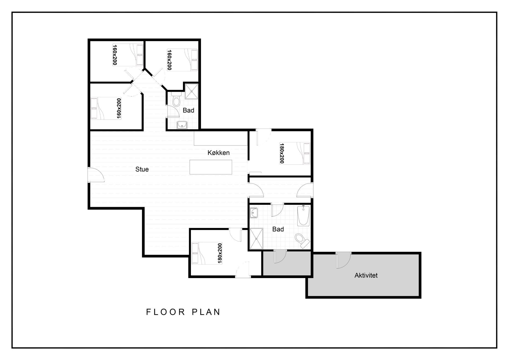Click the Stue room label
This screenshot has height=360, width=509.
[142, 169]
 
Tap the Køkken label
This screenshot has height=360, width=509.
[218, 153]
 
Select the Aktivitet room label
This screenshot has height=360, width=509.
[366, 275]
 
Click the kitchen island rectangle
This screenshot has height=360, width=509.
[211, 167]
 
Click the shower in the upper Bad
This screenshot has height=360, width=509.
[191, 91]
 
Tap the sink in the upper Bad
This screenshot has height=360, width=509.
[182, 125]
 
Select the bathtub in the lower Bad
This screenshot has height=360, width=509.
[304, 216]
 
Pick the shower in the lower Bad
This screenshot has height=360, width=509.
[256, 239]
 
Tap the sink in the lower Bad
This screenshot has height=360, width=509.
[254, 213]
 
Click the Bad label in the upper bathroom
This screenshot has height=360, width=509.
[188, 110]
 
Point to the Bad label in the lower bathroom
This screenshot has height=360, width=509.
[278, 229]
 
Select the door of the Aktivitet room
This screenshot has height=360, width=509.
[344, 260]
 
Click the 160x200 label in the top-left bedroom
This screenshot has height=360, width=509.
[115, 55]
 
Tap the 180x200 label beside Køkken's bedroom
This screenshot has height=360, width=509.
[282, 153]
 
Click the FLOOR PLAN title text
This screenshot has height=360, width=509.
[183, 312]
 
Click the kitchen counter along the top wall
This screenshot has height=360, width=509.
[221, 138]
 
